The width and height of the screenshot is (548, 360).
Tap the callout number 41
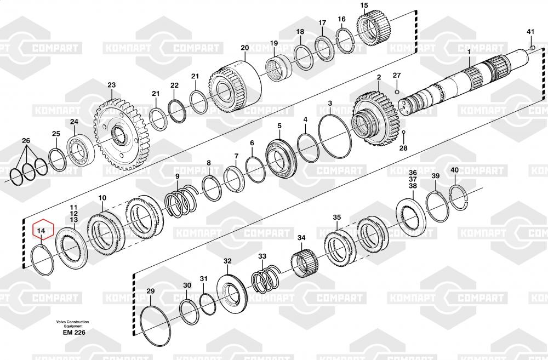point(530,32)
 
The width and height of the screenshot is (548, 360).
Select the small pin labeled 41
point(532,48)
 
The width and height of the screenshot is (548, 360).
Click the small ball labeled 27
point(397,92)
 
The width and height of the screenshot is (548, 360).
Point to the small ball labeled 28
point(403,133)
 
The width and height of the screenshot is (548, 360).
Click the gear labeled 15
point(373,28)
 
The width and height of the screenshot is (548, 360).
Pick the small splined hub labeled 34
point(304,263)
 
